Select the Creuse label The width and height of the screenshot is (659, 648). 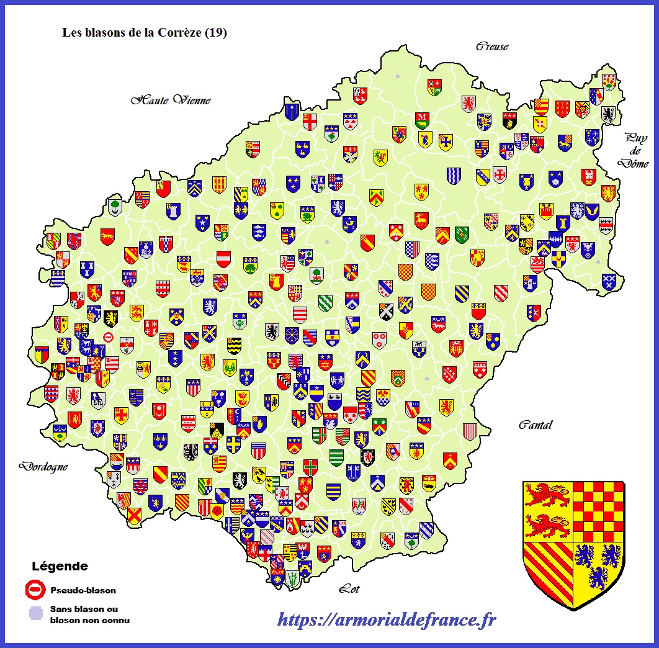(491, 47)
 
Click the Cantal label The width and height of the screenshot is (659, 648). (535, 425)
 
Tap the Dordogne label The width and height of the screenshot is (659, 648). (43, 466)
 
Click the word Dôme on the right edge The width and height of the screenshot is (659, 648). (636, 164)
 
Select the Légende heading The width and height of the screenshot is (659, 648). (60, 566)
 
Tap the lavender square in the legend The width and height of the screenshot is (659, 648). (36, 613)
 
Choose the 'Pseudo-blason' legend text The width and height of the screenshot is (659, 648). (83, 590)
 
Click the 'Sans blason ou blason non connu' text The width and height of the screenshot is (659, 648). (89, 614)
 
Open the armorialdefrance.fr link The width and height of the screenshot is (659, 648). (386, 619)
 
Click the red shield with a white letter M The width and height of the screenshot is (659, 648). (422, 118)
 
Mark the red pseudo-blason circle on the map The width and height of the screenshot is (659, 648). (108, 337)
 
